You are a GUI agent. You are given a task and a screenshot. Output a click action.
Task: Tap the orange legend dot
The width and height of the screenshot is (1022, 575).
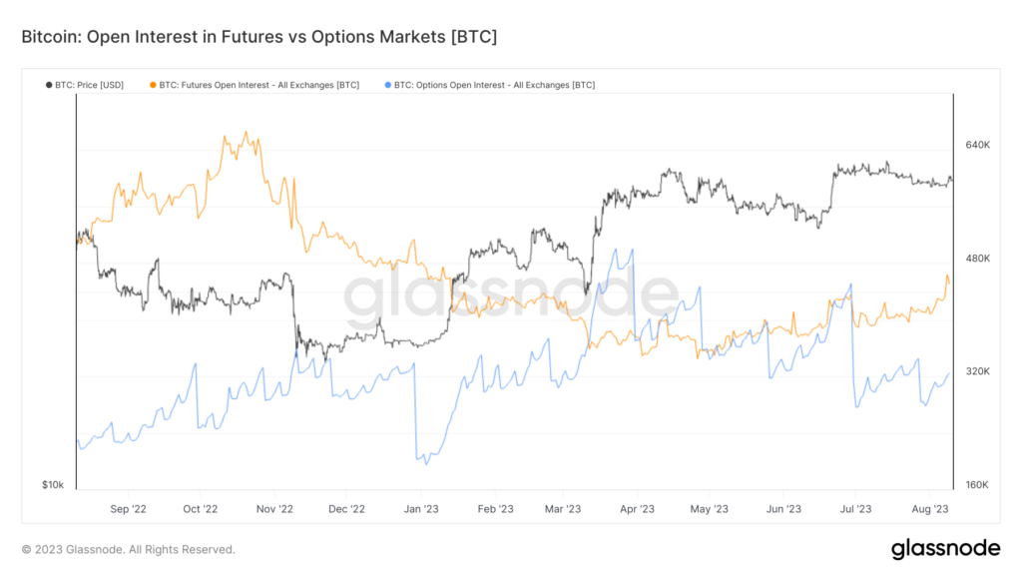point(151,85)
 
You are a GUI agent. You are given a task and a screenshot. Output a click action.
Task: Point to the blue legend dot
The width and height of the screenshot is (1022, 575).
point(386,85)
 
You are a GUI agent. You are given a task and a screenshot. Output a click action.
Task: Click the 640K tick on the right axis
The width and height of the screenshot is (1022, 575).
point(977,145)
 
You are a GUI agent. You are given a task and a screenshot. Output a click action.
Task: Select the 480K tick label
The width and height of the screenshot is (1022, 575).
point(977,259)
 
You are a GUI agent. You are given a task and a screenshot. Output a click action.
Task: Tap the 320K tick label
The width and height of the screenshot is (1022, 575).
point(977,371)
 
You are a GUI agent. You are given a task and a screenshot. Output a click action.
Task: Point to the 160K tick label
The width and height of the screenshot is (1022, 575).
point(977,485)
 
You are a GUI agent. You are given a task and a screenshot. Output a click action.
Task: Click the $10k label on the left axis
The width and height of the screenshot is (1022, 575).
point(53,485)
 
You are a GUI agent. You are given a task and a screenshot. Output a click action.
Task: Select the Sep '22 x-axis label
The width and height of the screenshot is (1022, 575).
point(128,509)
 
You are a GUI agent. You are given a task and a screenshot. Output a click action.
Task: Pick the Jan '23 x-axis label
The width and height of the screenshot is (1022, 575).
point(420,509)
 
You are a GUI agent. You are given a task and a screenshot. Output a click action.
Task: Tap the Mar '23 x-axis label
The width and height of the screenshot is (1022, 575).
point(563,509)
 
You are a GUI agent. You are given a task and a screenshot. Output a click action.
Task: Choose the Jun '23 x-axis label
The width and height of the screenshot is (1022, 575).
point(783,509)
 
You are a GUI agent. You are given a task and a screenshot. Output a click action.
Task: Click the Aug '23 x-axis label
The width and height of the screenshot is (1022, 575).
point(930,509)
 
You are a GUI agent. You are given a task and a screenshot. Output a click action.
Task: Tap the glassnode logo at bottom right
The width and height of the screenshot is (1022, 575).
point(944,548)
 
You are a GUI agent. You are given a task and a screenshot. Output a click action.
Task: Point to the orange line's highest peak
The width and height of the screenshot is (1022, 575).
point(246,132)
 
